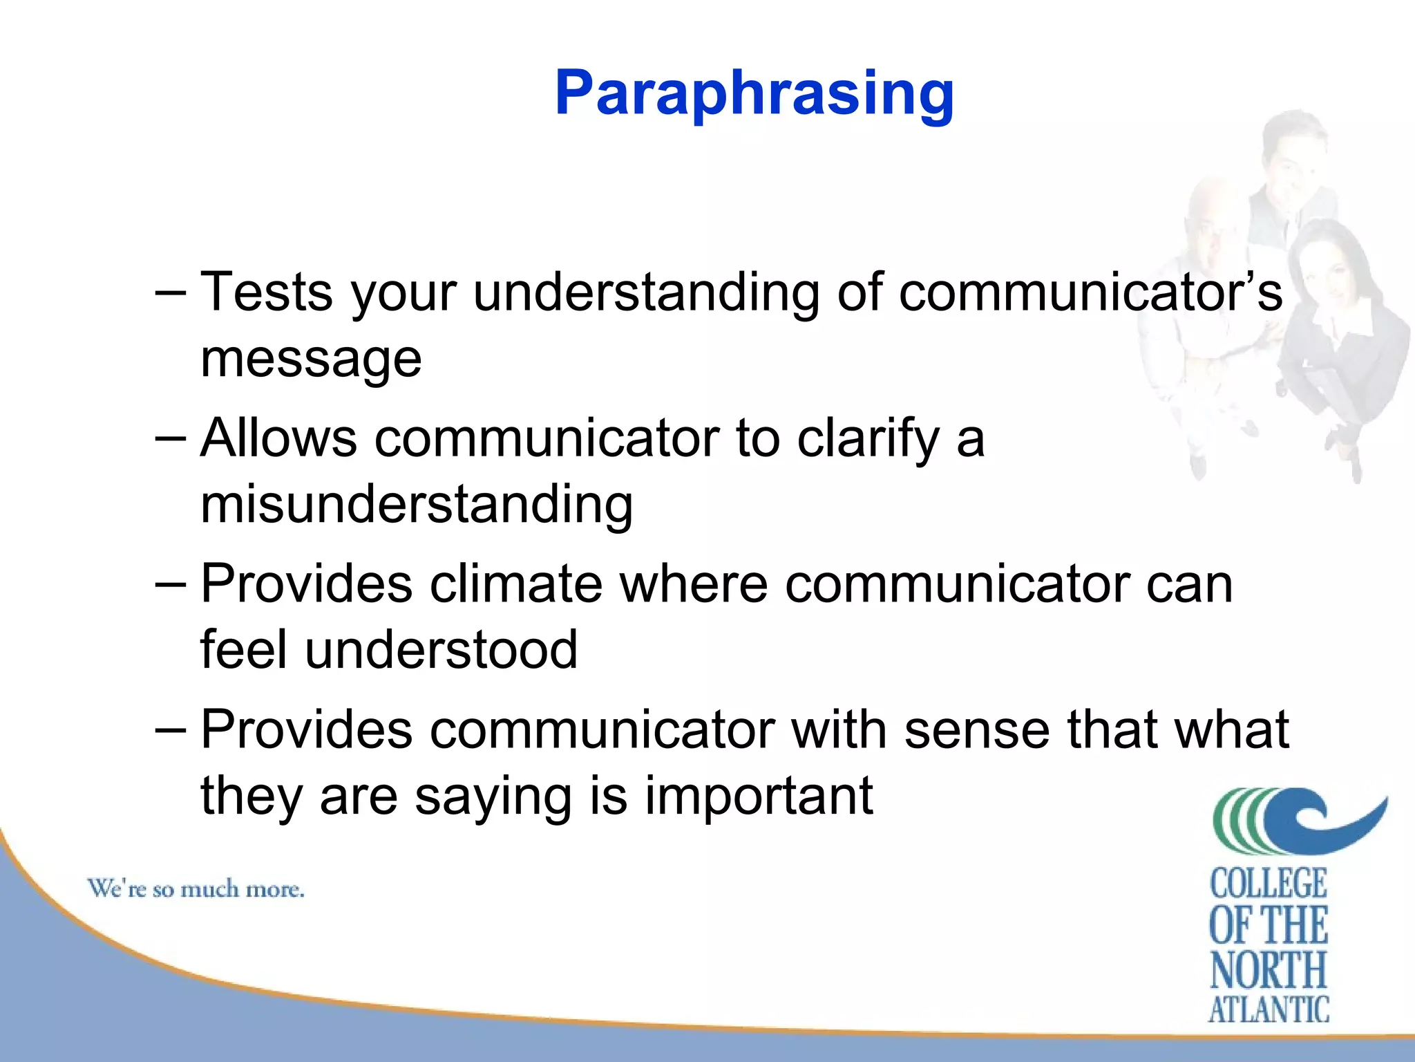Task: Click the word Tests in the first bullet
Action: point(267,292)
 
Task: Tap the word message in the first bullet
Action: point(311,360)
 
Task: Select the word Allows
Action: point(278,438)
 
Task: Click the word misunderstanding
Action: point(417,505)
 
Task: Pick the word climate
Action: point(515,584)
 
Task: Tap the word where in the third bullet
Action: point(694,584)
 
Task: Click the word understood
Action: point(441,650)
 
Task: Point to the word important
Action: point(759,796)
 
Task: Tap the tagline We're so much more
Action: point(196,889)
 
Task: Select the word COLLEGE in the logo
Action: point(1269,884)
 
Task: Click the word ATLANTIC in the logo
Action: point(1269,1010)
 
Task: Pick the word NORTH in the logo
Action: point(1269,969)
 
